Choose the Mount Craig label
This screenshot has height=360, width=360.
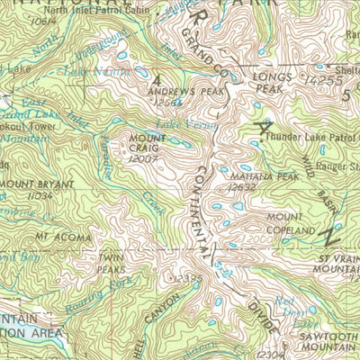(x=140, y=143)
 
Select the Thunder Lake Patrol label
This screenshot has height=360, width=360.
(x=307, y=138)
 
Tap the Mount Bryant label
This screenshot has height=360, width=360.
(x=29, y=184)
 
